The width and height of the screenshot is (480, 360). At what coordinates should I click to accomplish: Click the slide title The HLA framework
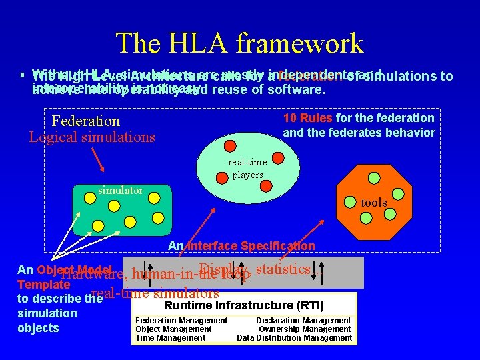240,43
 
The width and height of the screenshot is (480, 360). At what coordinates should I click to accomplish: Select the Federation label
85,121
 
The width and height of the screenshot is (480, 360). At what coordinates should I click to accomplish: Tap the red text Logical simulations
92,137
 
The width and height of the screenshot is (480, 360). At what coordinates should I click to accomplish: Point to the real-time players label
247,169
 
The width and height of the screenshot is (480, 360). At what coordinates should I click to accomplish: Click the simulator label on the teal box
121,191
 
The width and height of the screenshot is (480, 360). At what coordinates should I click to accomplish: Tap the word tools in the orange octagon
374,202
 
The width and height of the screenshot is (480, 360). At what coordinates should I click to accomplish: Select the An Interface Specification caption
241,246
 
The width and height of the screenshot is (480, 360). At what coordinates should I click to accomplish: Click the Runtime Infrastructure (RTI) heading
244,306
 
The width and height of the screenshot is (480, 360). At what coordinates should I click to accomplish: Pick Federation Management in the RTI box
181,321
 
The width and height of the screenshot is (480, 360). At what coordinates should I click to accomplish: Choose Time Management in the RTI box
171,338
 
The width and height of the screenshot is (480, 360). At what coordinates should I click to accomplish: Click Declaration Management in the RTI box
304,321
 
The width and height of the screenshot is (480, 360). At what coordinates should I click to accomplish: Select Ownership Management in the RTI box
305,329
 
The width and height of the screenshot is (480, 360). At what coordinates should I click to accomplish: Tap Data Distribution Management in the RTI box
294,338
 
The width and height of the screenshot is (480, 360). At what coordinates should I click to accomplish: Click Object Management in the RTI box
173,329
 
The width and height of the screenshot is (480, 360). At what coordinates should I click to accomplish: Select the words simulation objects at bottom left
38,321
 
